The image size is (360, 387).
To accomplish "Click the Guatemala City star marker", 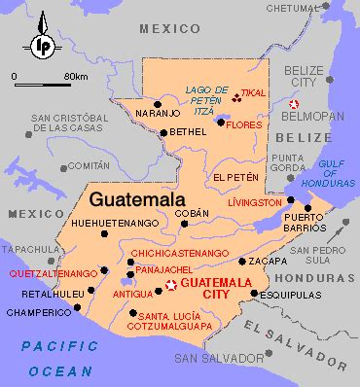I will pos(171,285).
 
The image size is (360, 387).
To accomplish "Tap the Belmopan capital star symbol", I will pos(297,104).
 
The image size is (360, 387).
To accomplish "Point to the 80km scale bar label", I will pos(75,75).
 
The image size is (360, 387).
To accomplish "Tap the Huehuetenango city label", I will pos(113,224).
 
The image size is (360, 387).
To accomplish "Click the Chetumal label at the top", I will pos(293,8).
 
